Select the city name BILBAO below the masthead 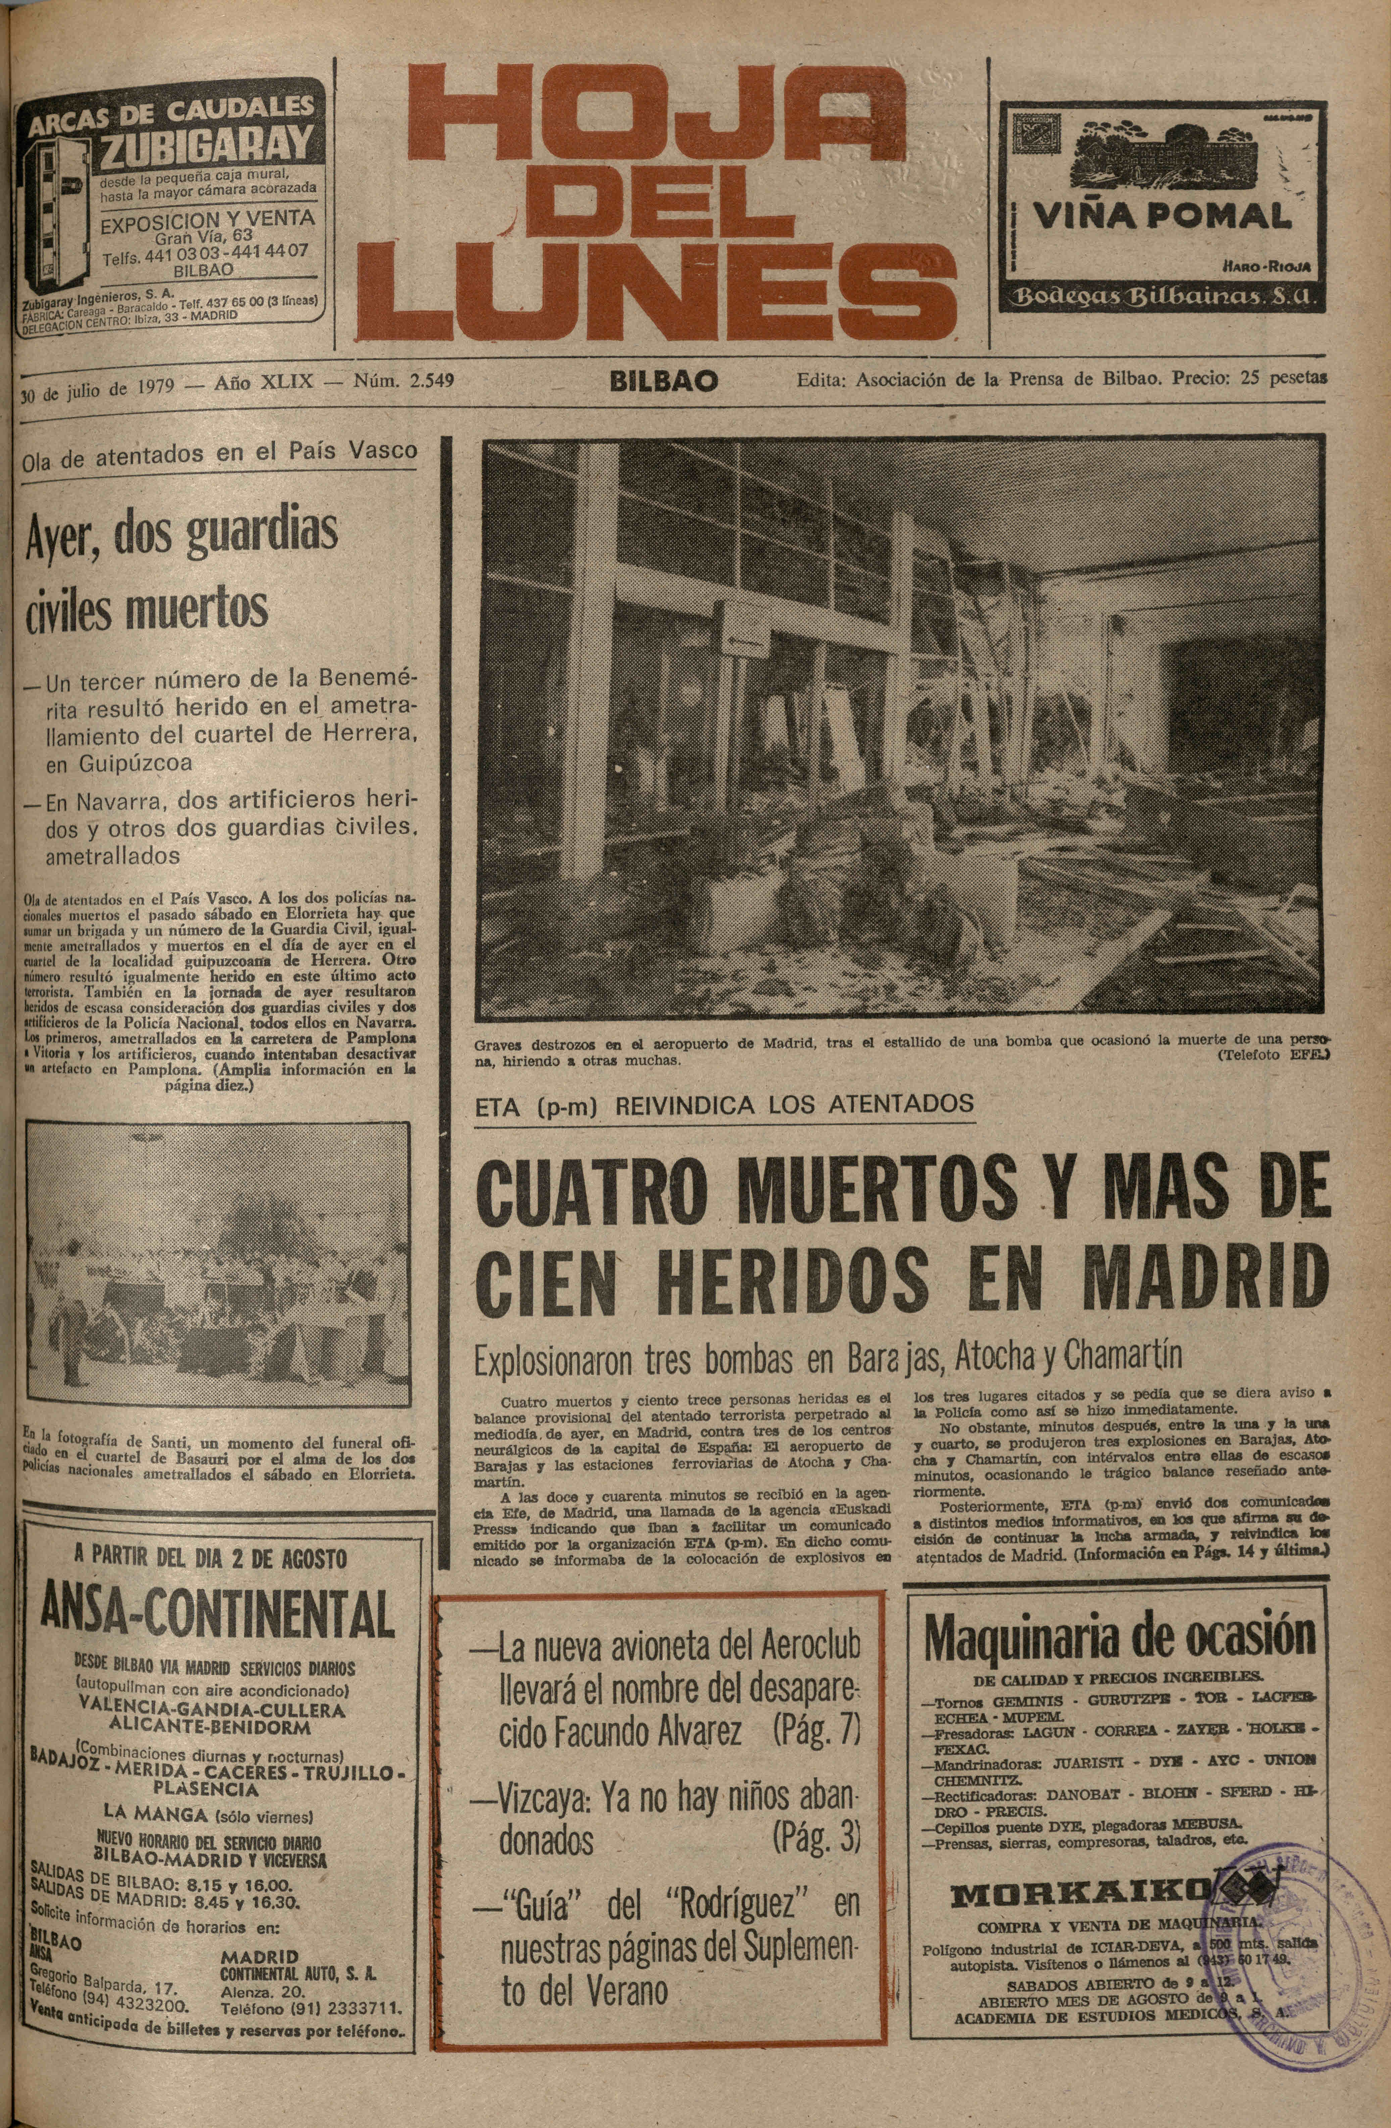tap(663, 382)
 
